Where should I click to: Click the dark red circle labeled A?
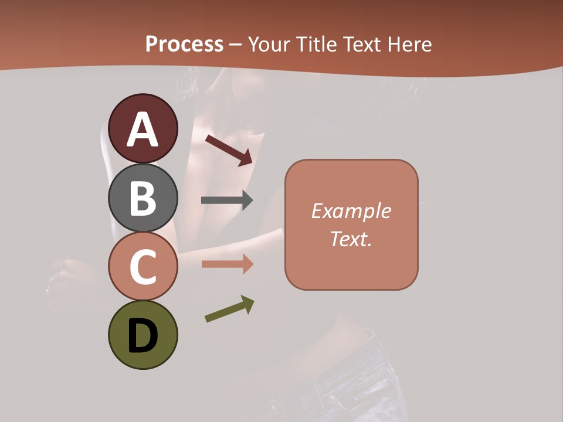tap(143, 128)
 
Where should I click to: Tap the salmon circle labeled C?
tap(143, 266)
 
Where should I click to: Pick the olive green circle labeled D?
tap(143, 335)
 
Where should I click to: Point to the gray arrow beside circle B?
tap(227, 200)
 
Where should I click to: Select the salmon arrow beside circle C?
tap(227, 264)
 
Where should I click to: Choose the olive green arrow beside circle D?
tap(229, 309)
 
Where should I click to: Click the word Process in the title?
tap(184, 45)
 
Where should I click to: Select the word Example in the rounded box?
tap(351, 211)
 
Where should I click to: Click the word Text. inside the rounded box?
tap(351, 239)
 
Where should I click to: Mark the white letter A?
tap(143, 130)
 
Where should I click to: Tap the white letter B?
tap(143, 198)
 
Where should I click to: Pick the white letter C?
tap(143, 267)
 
